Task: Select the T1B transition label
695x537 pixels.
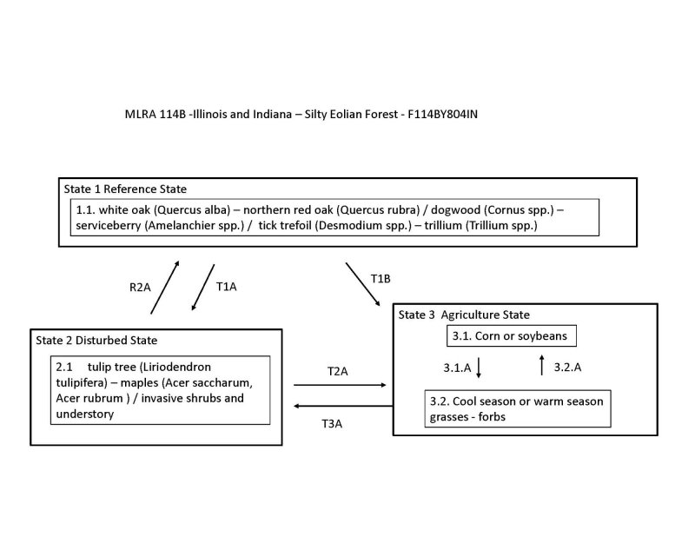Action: pyautogui.click(x=381, y=278)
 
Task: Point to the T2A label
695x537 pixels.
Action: pyautogui.click(x=337, y=371)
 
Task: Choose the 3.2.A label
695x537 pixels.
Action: pyautogui.click(x=567, y=367)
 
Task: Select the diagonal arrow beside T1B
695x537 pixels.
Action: pyautogui.click(x=362, y=282)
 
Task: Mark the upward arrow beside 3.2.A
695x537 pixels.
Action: pyautogui.click(x=542, y=365)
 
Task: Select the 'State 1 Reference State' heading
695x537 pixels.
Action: pyautogui.click(x=125, y=189)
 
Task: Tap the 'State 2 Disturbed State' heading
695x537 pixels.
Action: pyautogui.click(x=96, y=339)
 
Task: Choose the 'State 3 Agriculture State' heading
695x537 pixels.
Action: pyautogui.click(x=464, y=314)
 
